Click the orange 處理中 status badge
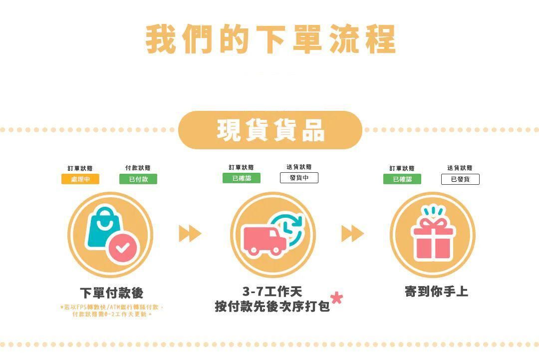(80, 179)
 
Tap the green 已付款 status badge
(138, 179)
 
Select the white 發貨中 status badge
(299, 178)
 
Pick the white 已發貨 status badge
(460, 179)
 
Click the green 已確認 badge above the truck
(242, 178)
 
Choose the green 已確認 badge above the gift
(402, 179)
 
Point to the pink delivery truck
(264, 240)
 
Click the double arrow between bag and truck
(190, 233)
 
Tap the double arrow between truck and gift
(352, 233)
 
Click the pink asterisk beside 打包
(337, 298)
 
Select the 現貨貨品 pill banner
(270, 130)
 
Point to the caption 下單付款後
(111, 293)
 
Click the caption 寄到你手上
(436, 292)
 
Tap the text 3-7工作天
(272, 292)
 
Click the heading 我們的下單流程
(270, 38)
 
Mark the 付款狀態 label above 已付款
(138, 168)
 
